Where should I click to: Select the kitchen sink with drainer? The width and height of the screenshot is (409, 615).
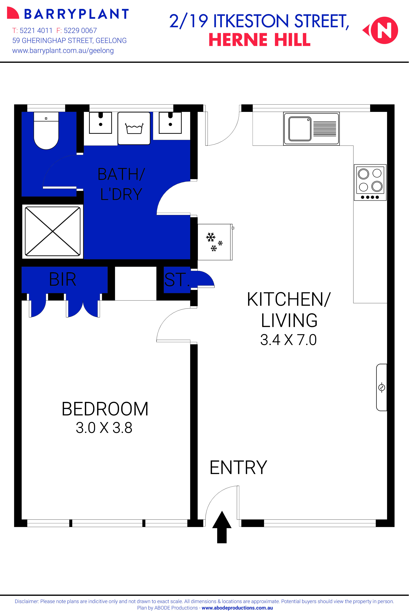pos(311,129)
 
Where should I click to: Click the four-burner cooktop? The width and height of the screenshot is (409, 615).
pos(370,182)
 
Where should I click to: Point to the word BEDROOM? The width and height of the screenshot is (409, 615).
pos(105,409)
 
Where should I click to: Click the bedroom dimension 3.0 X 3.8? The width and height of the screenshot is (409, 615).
pos(104,428)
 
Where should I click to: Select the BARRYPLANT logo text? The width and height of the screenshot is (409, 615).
pos(76,14)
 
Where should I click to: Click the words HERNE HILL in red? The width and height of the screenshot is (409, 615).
pos(260,40)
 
